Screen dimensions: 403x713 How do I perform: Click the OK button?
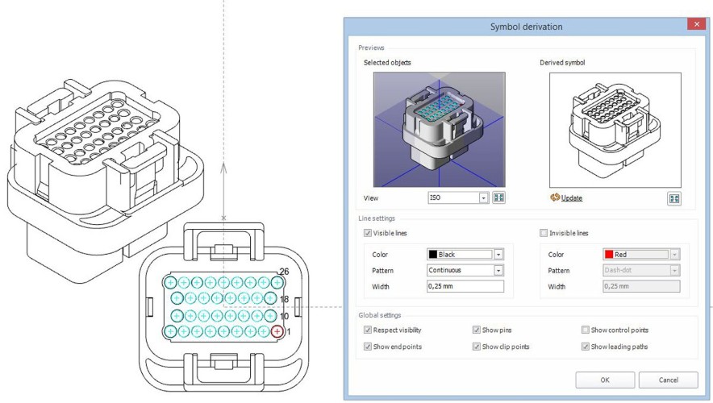coord(604,380)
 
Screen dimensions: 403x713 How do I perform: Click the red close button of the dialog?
coord(694,26)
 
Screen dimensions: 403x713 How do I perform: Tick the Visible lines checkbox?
coord(368,233)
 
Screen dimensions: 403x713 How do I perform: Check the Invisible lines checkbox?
coord(544,233)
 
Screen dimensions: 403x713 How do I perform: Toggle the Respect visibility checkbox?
coord(368,330)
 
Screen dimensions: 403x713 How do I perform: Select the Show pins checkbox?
coord(477,330)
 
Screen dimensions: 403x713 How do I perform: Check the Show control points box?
coord(586,330)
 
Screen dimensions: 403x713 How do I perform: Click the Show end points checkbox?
coord(368,347)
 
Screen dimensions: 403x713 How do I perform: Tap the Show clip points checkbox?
coord(477,347)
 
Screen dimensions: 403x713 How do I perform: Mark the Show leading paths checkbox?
coord(586,347)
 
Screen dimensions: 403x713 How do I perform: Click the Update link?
coord(571,198)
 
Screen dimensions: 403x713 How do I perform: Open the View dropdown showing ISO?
coord(484,197)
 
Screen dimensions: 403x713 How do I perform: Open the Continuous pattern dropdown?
coord(498,270)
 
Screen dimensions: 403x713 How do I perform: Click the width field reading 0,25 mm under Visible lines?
coord(465,286)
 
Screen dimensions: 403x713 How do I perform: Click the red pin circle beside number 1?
coord(277,331)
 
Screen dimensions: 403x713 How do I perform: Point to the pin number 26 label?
coord(284,272)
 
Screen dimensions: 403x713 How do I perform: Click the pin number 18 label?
coord(284,299)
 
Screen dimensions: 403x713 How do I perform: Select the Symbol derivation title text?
coord(526,27)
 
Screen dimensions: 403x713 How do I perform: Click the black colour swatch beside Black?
coord(432,254)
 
